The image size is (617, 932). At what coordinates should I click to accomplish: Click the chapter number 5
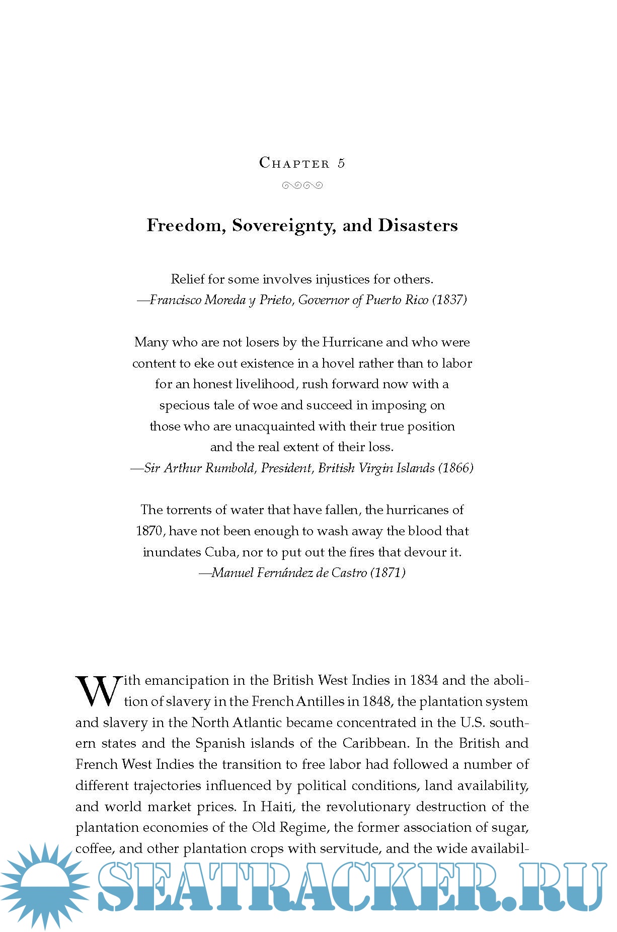(x=341, y=163)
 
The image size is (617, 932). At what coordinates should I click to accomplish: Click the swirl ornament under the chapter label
(x=302, y=185)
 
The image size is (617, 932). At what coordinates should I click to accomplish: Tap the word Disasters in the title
(x=418, y=225)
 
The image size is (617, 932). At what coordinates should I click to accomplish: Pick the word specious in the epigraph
(x=182, y=406)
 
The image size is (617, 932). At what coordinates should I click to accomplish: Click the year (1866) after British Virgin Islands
(x=455, y=468)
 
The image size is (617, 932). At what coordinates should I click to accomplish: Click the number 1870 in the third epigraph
(x=149, y=531)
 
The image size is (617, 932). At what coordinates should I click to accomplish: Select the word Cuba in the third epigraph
(x=220, y=552)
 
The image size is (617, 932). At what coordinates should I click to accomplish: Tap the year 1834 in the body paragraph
(x=424, y=681)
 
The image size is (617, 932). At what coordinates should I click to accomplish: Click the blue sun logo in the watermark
(x=45, y=888)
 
